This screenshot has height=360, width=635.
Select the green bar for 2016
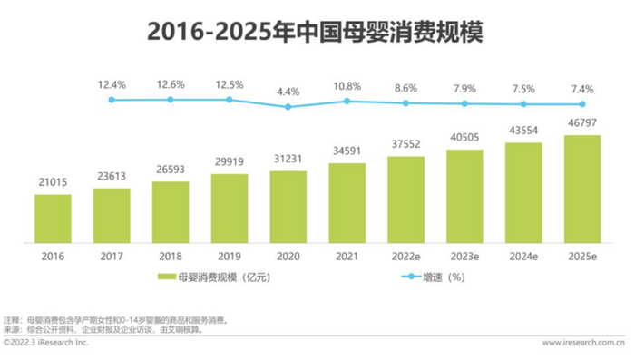pos(53,219)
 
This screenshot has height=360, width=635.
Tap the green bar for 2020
pos(288,208)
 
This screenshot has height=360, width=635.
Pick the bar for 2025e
pos(581,190)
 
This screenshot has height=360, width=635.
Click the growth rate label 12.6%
pos(171,84)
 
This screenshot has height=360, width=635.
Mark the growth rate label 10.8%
pos(347,86)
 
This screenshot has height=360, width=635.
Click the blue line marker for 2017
pos(112,99)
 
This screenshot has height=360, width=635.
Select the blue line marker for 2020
pos(288,106)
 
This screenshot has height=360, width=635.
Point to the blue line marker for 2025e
pos(581,104)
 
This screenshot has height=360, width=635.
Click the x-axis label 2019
pos(229,257)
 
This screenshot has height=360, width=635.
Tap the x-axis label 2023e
pos(464,257)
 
